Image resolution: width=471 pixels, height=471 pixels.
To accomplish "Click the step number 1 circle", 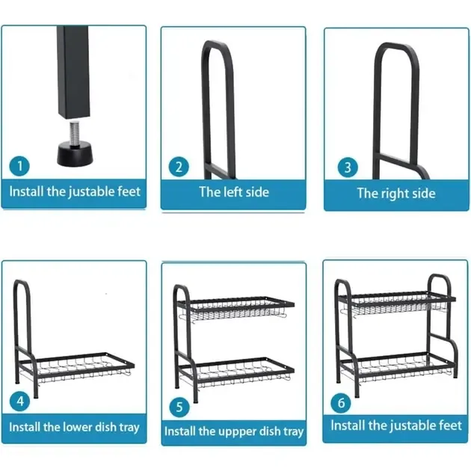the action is (x=19, y=166).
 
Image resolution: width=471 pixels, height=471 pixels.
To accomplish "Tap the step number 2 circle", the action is (x=179, y=167).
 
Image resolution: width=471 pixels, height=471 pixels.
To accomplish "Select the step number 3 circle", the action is (x=348, y=167).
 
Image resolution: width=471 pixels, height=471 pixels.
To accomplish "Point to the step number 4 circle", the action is (x=20, y=401).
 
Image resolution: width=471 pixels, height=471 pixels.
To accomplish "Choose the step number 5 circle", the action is (x=179, y=407).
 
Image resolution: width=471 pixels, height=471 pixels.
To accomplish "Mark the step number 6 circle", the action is (x=341, y=403).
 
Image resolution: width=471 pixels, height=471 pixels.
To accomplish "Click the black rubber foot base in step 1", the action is (x=75, y=154).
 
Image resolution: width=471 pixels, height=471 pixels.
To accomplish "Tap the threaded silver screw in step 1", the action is (x=75, y=132).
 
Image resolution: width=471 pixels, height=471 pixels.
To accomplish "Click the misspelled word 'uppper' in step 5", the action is (x=236, y=432).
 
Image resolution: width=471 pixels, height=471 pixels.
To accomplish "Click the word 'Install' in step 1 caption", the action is (x=27, y=191).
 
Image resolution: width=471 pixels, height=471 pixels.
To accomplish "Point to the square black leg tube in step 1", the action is (x=73, y=72).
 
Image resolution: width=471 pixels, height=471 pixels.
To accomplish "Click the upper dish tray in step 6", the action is (x=396, y=304).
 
